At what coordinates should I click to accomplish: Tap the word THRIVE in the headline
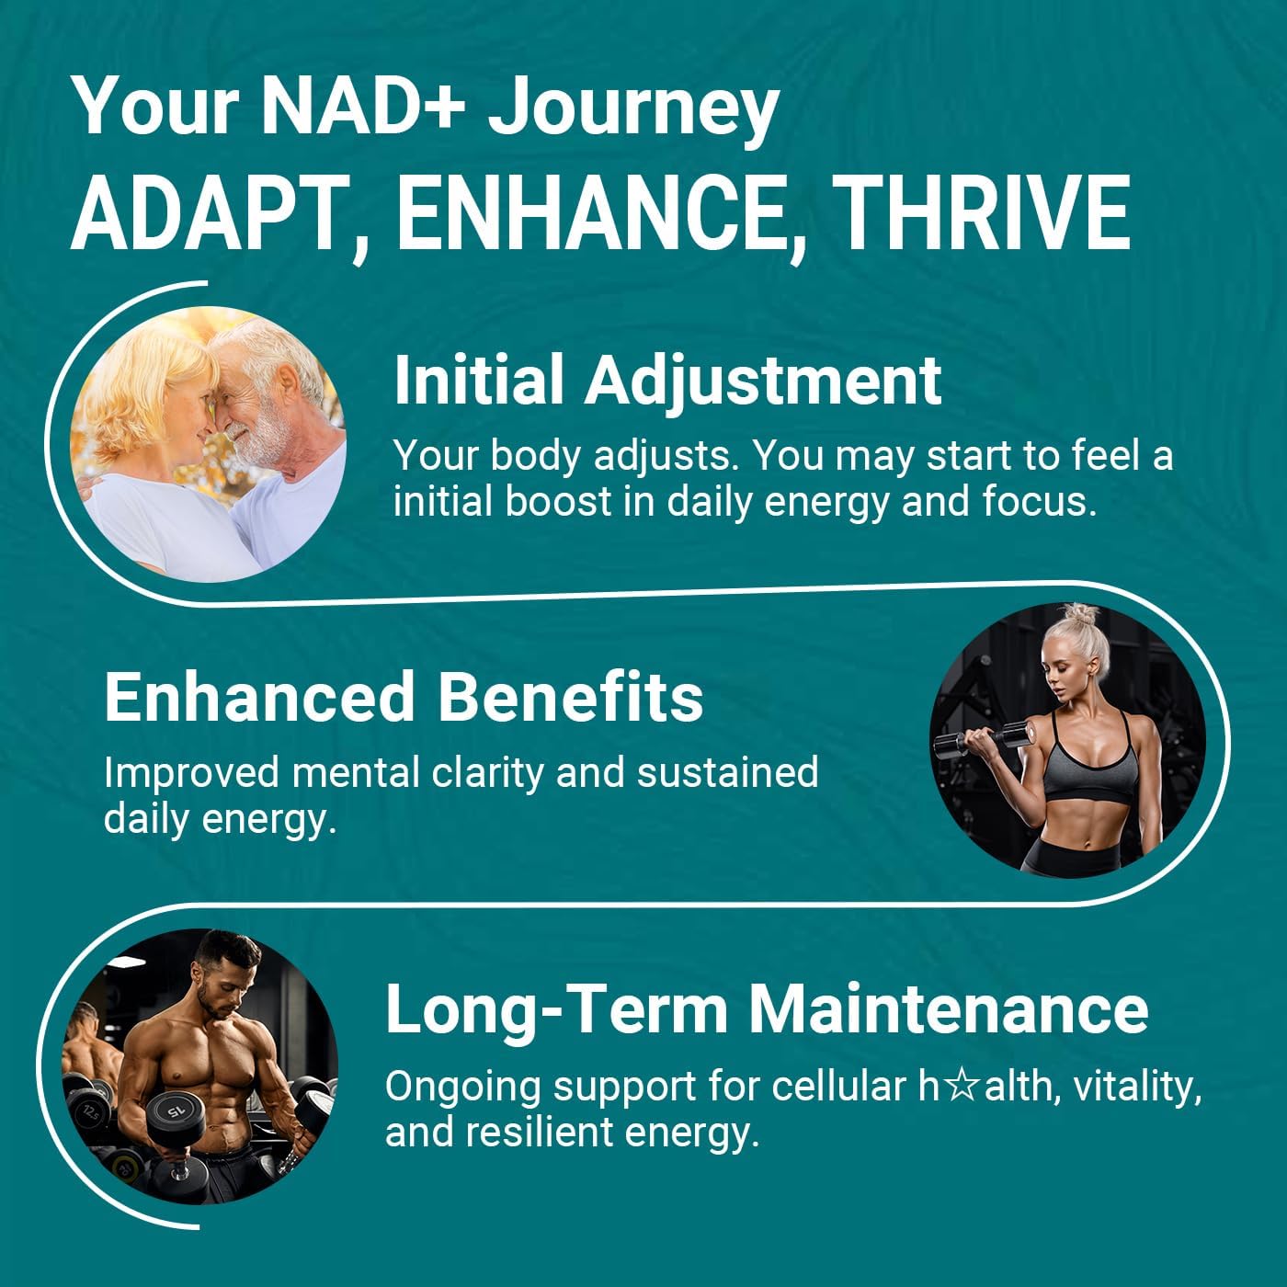pyautogui.click(x=985, y=213)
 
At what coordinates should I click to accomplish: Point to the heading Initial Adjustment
pyautogui.click(x=667, y=380)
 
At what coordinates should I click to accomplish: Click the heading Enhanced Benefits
pyautogui.click(x=404, y=697)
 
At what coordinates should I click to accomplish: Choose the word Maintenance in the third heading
pyautogui.click(x=949, y=1008)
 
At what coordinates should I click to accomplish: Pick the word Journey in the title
pyautogui.click(x=632, y=107)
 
